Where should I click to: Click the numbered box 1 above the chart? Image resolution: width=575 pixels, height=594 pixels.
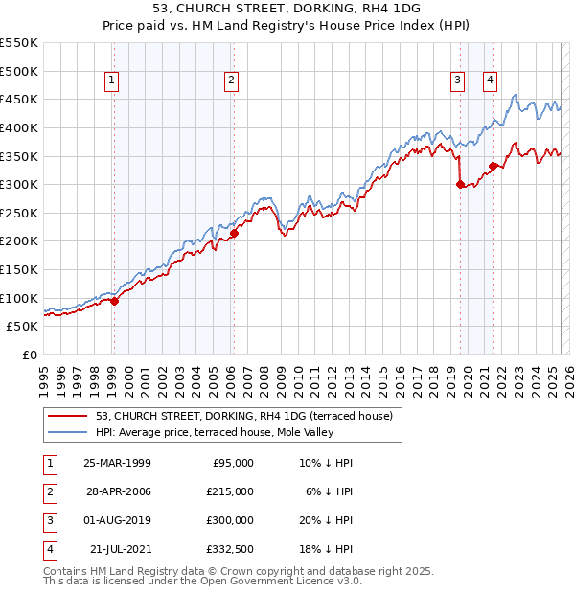pos(113,81)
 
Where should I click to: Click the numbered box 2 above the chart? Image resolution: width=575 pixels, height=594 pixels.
pos(232,81)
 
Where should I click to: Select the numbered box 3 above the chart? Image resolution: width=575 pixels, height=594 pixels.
pos(458,81)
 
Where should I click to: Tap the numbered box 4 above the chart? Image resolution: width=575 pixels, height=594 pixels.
pos(490,81)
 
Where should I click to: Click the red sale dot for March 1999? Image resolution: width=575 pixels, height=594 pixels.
pos(114,301)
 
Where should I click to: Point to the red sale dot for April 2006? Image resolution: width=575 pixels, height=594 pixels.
pos(234,233)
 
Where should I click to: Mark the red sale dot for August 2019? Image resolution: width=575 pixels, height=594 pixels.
pos(460,185)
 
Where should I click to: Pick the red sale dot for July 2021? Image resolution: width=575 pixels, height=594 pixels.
pos(493,166)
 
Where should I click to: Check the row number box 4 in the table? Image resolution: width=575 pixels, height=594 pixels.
pos(48,549)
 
